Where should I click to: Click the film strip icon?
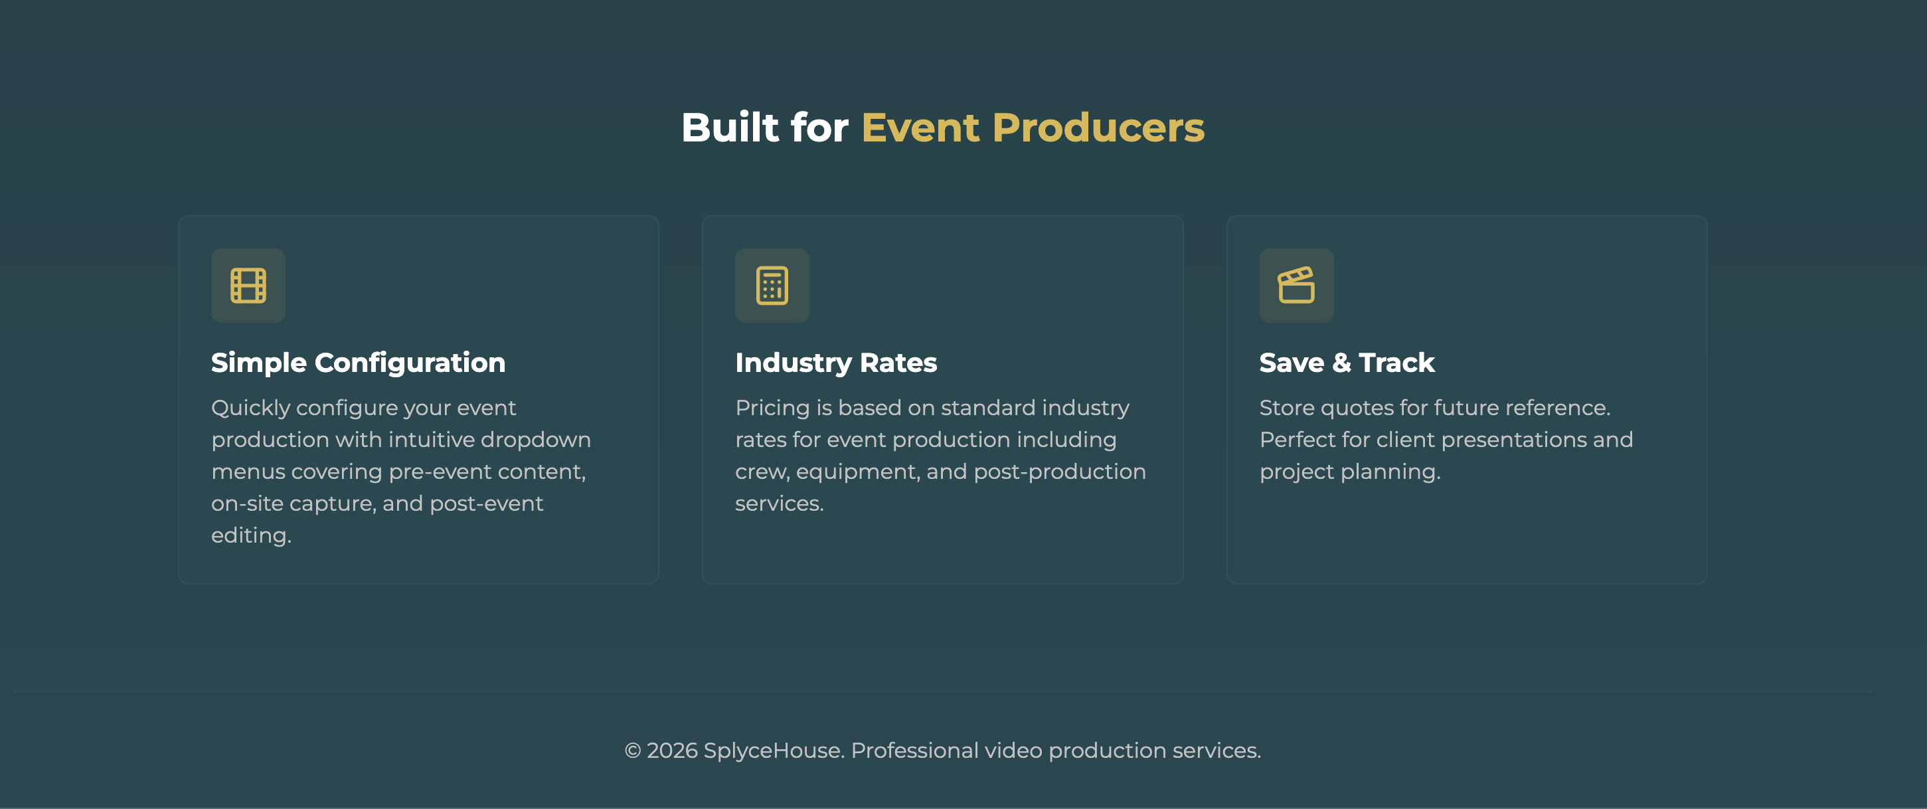(248, 285)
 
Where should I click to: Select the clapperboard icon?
(1296, 285)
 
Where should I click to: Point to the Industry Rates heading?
(835, 363)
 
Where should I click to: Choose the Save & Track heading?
(1346, 363)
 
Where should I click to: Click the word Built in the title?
(729, 128)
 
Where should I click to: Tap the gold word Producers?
(1098, 128)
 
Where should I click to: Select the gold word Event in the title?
(920, 128)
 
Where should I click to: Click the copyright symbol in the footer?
(632, 751)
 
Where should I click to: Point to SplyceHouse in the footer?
(774, 751)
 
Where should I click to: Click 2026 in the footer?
(672, 751)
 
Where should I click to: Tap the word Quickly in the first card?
(250, 408)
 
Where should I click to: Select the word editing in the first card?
(250, 536)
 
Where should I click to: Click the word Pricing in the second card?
(772, 408)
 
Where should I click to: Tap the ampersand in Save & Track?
(1341, 363)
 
